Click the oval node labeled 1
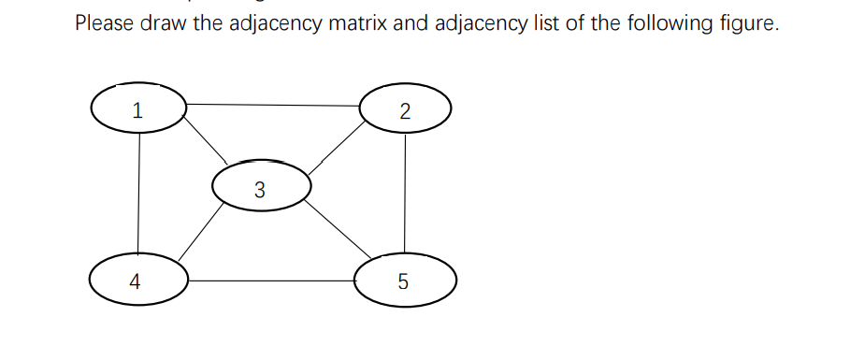(138, 110)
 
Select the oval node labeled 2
(405, 110)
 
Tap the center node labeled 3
(260, 190)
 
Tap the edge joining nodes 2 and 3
(338, 148)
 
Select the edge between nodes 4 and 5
(271, 280)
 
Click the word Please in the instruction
(104, 23)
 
